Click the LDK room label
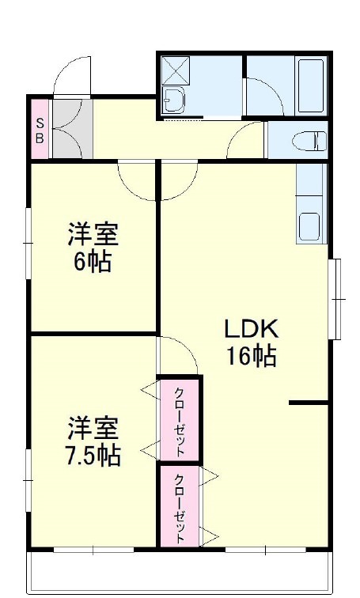pos(251,328)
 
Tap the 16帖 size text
pos(251,357)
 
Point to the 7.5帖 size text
pos(93,456)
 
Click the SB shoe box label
pos(40,129)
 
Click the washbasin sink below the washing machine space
pos(172,100)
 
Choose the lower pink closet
pos(179,507)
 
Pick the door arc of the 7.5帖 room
pos(179,353)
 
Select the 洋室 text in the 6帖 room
pos(93,235)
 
